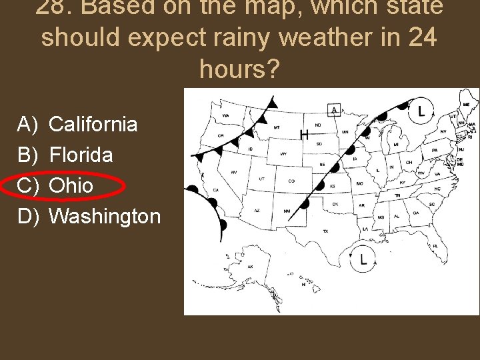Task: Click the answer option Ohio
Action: pos(71,185)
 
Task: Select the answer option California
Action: pos(93,124)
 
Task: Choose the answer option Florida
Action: pos(81,155)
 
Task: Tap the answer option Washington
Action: pos(105,216)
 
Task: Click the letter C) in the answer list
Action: pos(29,185)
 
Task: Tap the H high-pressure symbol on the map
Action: pos(304,135)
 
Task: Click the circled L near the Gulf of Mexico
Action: pos(363,259)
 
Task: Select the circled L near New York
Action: pos(421,111)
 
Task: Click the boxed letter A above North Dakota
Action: pos(333,110)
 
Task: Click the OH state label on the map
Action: pos(409,162)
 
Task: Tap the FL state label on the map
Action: pos(435,246)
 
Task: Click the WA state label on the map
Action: pos(226,115)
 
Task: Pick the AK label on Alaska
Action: pos(250,266)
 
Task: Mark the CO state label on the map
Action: pos(291,181)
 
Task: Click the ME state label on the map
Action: pos(466,105)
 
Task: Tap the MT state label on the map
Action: pos(277,127)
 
